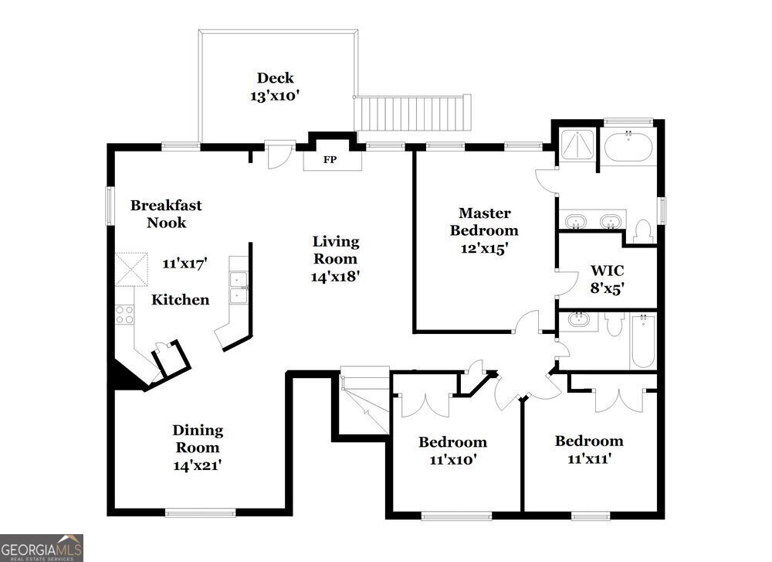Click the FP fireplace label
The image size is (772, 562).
[330, 160]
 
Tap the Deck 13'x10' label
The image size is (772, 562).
[276, 87]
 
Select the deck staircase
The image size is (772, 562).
[412, 113]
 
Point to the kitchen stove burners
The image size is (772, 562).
[124, 315]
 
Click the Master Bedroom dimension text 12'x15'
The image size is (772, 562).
[484, 248]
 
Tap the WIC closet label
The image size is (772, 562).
[607, 271]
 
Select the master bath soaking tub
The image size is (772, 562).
[628, 147]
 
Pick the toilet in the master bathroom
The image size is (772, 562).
[642, 230]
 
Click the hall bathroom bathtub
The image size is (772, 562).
[642, 342]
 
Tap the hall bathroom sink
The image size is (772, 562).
[577, 320]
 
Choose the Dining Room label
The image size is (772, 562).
[198, 439]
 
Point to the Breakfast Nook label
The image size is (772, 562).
[166, 213]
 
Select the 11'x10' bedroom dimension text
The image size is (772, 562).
[452, 459]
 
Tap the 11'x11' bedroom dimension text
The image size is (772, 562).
[589, 458]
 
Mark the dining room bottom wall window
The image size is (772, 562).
[201, 512]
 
